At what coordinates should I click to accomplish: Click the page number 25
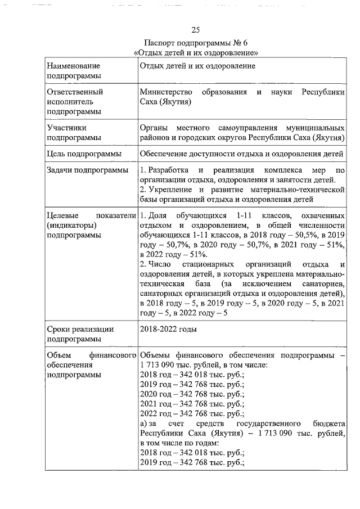coord(196,30)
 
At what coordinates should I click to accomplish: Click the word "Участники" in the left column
coord(66,127)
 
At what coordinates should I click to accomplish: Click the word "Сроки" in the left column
coord(59,328)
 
